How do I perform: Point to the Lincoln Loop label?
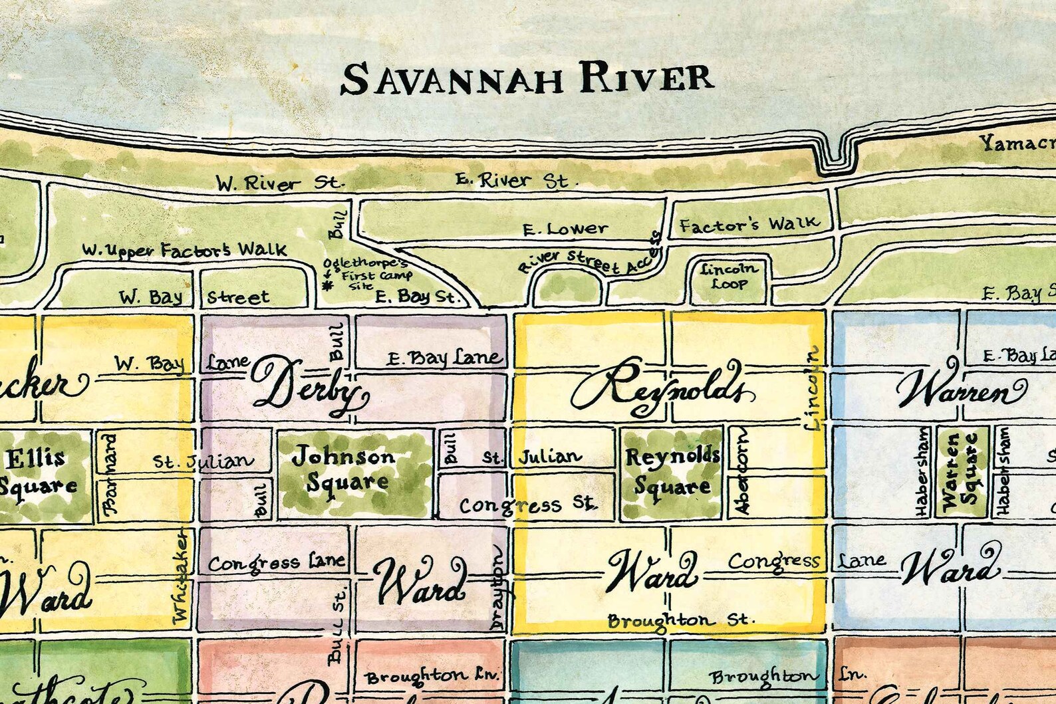tap(729, 276)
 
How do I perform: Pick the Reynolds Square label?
tap(672, 471)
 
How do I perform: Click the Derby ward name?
tap(309, 386)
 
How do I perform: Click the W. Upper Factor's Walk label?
tap(185, 251)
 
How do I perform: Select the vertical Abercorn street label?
tap(741, 471)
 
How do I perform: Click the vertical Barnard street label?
tap(110, 474)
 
